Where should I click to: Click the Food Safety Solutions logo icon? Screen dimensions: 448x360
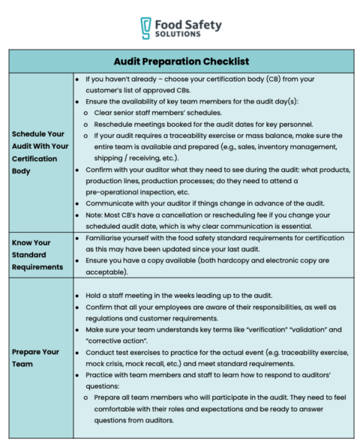click(x=148, y=29)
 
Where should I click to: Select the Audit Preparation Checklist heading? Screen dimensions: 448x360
click(x=181, y=61)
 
